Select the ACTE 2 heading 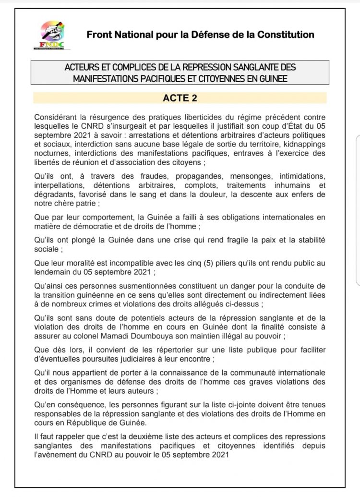pos(180,98)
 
